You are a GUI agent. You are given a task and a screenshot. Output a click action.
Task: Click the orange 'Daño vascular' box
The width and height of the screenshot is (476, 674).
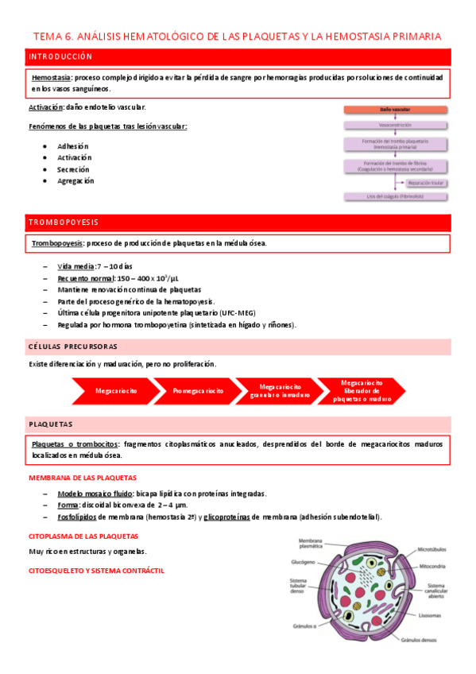pos(397,110)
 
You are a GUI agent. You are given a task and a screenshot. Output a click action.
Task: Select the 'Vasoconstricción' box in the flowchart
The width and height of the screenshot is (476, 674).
pos(397,126)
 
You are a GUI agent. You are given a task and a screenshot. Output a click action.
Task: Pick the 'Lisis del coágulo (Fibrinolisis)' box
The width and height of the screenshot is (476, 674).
pos(397,196)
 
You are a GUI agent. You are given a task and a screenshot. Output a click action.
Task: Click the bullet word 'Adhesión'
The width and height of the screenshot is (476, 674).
pos(73,146)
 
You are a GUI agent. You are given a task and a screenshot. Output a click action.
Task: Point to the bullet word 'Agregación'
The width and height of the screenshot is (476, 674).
pos(75,180)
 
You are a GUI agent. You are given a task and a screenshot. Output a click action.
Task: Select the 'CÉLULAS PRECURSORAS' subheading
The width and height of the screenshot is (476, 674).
pos(73,347)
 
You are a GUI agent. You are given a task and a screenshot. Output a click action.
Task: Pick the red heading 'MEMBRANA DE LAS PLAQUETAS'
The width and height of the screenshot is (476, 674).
pos(83,478)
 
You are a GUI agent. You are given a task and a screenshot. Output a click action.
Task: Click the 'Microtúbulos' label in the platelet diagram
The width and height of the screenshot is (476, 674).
pos(434,548)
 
